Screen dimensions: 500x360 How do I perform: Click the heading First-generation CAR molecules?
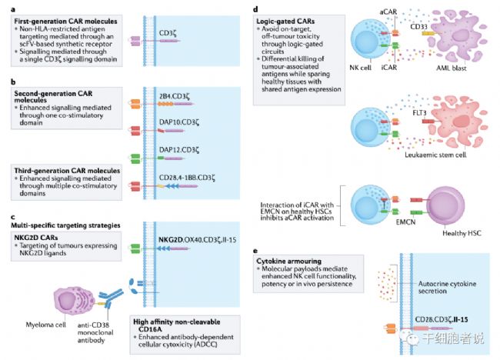tap(65, 22)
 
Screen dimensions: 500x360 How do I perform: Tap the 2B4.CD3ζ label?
tap(174, 96)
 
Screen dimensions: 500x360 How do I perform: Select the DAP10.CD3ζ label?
tap(179, 122)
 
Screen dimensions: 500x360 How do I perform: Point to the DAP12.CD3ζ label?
tap(179, 150)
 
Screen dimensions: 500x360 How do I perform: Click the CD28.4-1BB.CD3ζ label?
tap(187, 178)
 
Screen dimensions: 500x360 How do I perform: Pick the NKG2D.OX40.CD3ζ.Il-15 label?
tap(198, 239)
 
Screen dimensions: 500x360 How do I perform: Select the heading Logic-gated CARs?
tap(285, 22)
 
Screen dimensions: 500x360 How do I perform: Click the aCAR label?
tap(388, 12)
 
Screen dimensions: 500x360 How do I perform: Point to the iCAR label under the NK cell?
tap(389, 67)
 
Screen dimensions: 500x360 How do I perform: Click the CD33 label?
tap(418, 26)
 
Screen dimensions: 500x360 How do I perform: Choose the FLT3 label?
tap(419, 113)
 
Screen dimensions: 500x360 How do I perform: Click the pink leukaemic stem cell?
tap(457, 122)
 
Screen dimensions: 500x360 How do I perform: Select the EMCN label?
tap(405, 222)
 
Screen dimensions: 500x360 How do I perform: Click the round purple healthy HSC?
tap(445, 205)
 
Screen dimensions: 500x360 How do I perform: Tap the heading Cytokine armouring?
tap(289, 261)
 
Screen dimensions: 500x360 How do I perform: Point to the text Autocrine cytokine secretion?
tap(447, 287)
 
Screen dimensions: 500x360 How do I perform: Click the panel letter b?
tap(13, 82)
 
